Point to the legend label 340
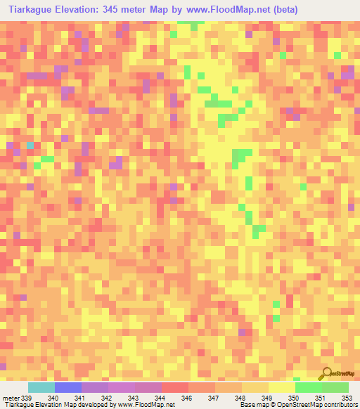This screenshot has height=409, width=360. [x=53, y=398]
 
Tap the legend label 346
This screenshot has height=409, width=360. [x=187, y=398]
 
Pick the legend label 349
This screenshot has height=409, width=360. [x=266, y=398]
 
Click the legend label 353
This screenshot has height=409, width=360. [x=345, y=398]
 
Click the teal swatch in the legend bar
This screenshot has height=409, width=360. [x=41, y=387]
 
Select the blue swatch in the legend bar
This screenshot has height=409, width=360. [x=67, y=387]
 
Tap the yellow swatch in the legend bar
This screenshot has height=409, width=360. [x=281, y=387]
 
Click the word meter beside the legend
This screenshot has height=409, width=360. [x=10, y=398]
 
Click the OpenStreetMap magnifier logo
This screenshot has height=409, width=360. [x=326, y=373]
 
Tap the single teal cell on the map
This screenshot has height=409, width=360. [x=30, y=145]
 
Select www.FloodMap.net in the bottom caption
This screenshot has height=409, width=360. [x=146, y=405]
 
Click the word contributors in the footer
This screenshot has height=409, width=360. [x=338, y=405]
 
